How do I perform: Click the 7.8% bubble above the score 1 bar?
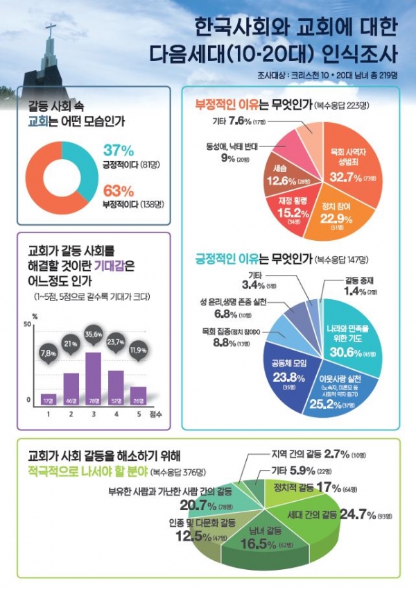click(49, 353)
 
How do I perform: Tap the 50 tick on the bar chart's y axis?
click(27, 325)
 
